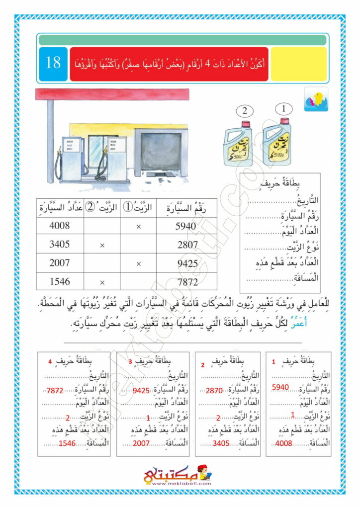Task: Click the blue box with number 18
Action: click(x=53, y=63)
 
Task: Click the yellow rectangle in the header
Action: click(x=298, y=64)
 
